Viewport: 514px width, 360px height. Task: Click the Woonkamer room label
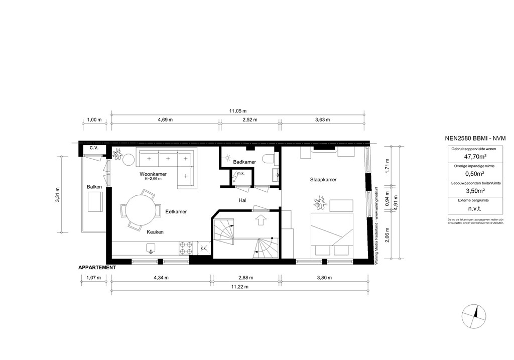153,174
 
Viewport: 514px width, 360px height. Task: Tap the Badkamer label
244,162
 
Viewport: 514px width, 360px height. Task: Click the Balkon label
94,187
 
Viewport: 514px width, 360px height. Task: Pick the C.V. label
93,149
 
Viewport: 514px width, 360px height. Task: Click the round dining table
140,210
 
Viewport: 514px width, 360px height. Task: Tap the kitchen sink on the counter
151,248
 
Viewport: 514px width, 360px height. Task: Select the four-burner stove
186,248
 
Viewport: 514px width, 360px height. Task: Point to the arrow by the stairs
260,219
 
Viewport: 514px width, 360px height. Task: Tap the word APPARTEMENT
97,268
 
